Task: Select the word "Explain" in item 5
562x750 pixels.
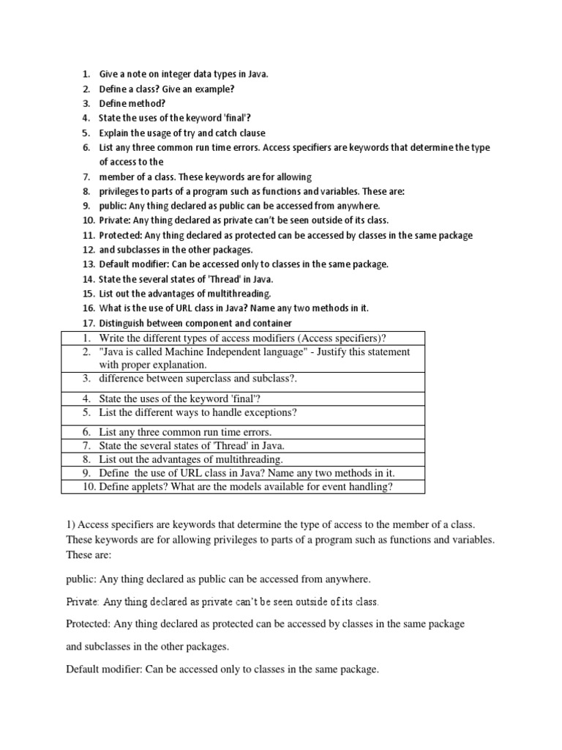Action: pyautogui.click(x=116, y=133)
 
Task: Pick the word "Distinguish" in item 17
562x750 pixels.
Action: pyautogui.click(x=125, y=323)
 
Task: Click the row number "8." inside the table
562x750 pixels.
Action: pyautogui.click(x=86, y=459)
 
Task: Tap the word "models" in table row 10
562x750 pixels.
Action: pyautogui.click(x=244, y=486)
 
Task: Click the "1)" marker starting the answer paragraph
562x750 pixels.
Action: pyautogui.click(x=70, y=525)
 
